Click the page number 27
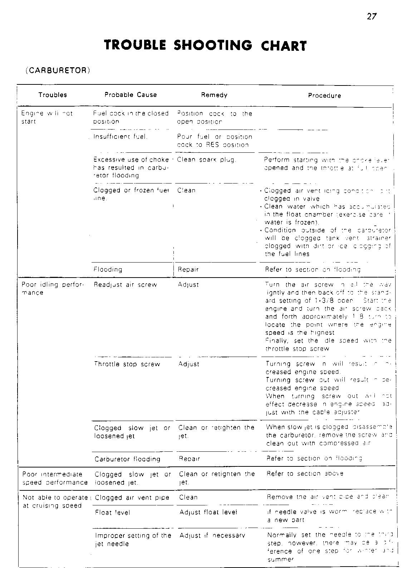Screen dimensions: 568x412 (372, 16)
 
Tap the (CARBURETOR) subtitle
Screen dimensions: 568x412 (58, 70)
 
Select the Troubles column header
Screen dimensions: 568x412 (53, 95)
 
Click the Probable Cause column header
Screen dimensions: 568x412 (131, 95)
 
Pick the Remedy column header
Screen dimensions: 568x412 (214, 95)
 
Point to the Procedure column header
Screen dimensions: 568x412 (324, 96)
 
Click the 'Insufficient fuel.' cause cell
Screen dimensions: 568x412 (121, 137)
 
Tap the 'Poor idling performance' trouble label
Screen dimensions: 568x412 (53, 289)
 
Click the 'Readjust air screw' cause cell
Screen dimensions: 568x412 (126, 285)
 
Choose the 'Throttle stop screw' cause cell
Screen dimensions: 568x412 (127, 364)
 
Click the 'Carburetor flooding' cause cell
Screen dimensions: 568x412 (127, 459)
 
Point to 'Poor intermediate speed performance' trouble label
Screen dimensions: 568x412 (55, 478)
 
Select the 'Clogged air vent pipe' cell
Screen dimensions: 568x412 (132, 498)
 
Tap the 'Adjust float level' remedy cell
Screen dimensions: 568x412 (208, 512)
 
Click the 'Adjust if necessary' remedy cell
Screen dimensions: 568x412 (212, 535)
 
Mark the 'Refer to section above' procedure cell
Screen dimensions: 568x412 (305, 474)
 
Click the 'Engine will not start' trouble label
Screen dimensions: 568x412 (47, 117)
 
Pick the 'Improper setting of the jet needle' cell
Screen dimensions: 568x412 (133, 539)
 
